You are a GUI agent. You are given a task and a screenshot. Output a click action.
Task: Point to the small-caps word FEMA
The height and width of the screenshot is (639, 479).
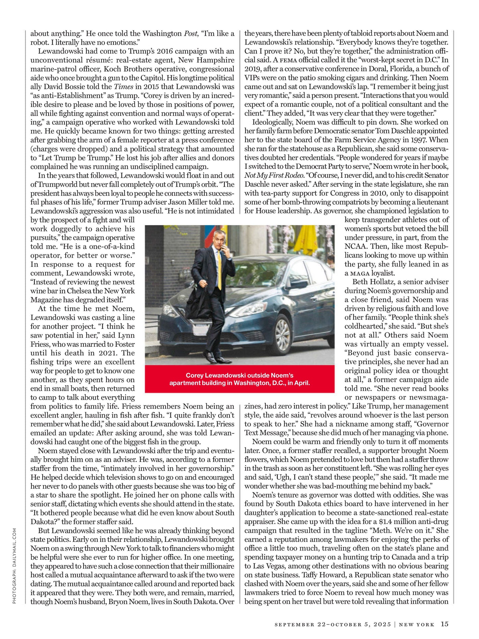tap(288, 60)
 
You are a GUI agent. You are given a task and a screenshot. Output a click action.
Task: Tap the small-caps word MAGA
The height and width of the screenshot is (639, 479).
tap(360, 273)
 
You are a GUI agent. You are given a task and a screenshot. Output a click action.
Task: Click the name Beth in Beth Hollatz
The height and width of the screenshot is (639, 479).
tap(360, 282)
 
